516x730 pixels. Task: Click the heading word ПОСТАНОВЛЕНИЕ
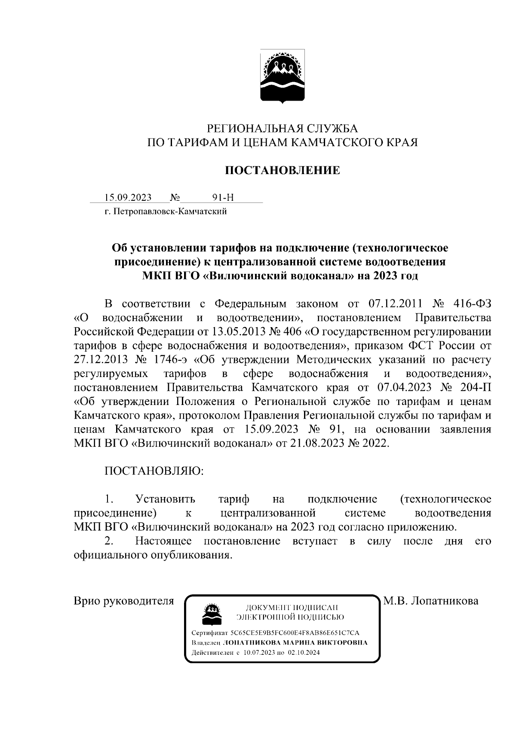[x=283, y=170]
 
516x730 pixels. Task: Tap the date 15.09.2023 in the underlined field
[x=128, y=197]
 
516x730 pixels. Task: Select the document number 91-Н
[x=223, y=197]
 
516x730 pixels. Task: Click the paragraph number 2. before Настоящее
[x=109, y=540]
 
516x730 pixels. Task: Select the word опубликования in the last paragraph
[x=190, y=555]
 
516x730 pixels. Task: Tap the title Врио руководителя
[x=124, y=601]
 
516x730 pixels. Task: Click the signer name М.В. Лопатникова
[x=431, y=601]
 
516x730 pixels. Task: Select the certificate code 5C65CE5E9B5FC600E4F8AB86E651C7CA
[x=295, y=634]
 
